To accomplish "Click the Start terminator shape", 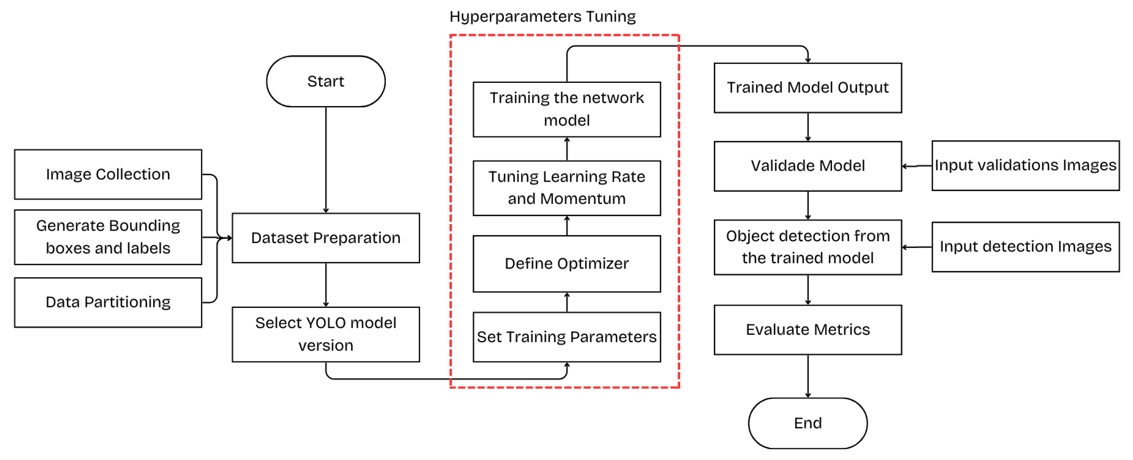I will (x=325, y=81).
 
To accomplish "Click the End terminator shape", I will (x=808, y=423).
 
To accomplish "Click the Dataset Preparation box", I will (x=325, y=238).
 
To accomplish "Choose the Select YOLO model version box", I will (x=325, y=335).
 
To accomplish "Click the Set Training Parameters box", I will (x=566, y=337).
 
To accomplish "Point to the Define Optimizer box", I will (x=566, y=264).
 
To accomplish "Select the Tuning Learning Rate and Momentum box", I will (x=566, y=188).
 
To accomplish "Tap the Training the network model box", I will (x=566, y=109).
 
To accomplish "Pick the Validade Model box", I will (x=808, y=166).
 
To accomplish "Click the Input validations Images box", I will (x=1025, y=166).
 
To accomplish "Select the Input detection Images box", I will (x=1025, y=247).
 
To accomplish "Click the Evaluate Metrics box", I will (x=808, y=330).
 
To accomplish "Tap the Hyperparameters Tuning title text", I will (x=542, y=17).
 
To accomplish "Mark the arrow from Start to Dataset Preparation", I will (x=326, y=160).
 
